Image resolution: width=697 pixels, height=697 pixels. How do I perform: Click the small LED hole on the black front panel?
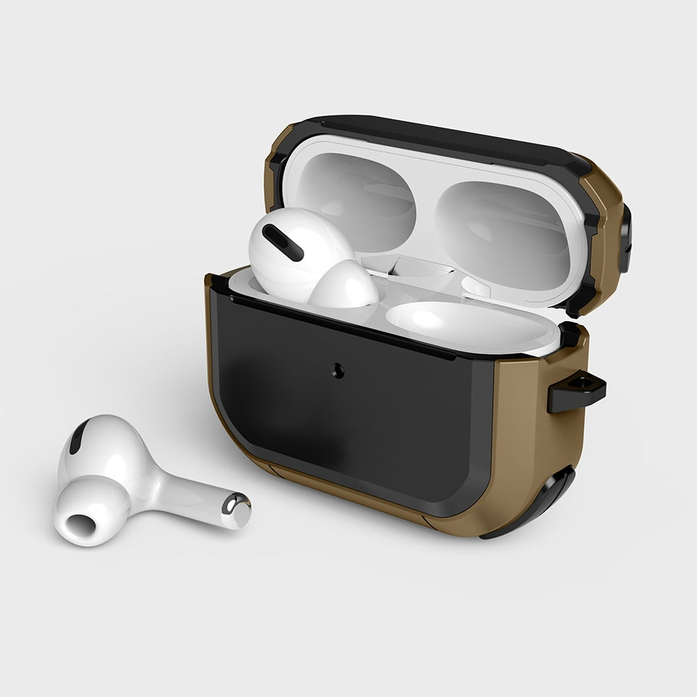coord(339,371)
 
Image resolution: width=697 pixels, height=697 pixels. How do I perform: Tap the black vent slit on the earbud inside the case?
coord(282,243)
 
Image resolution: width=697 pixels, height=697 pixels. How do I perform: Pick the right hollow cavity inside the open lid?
coord(505,227)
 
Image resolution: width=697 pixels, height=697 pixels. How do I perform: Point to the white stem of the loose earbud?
coord(188,495)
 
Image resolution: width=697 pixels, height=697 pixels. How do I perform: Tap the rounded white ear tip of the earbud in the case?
coord(344,286)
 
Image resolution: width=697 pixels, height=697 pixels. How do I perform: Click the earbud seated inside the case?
coord(307,258)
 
